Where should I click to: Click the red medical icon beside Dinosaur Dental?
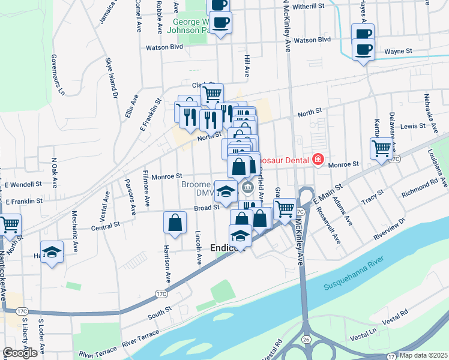point(317,160)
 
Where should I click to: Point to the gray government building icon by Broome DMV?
point(247,190)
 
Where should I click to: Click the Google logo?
point(20,353)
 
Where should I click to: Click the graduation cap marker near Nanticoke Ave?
point(52,251)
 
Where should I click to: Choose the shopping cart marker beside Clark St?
point(212,94)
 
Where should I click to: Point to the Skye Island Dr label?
point(111,77)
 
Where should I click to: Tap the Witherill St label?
point(309,5)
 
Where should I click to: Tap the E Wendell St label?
point(23,185)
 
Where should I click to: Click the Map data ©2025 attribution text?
point(423,355)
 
